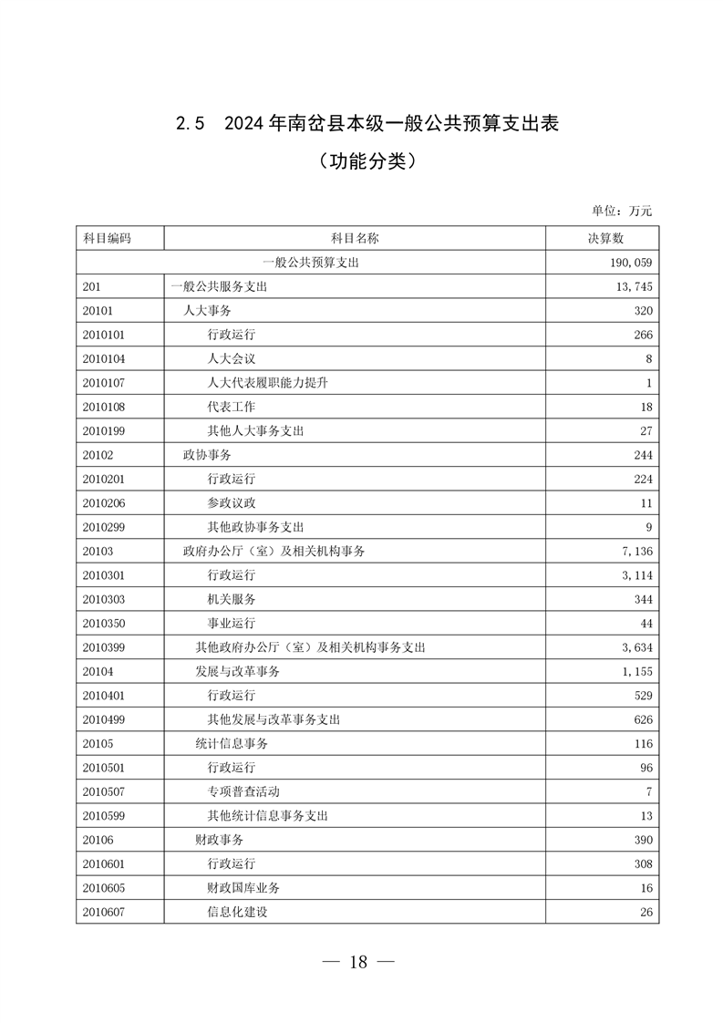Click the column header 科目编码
[107, 238]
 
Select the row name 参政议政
[231, 503]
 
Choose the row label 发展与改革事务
[237, 672]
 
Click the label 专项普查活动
[243, 791]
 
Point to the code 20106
[98, 840]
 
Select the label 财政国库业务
[243, 888]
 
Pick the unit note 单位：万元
[622, 211]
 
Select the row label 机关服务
[231, 600]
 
